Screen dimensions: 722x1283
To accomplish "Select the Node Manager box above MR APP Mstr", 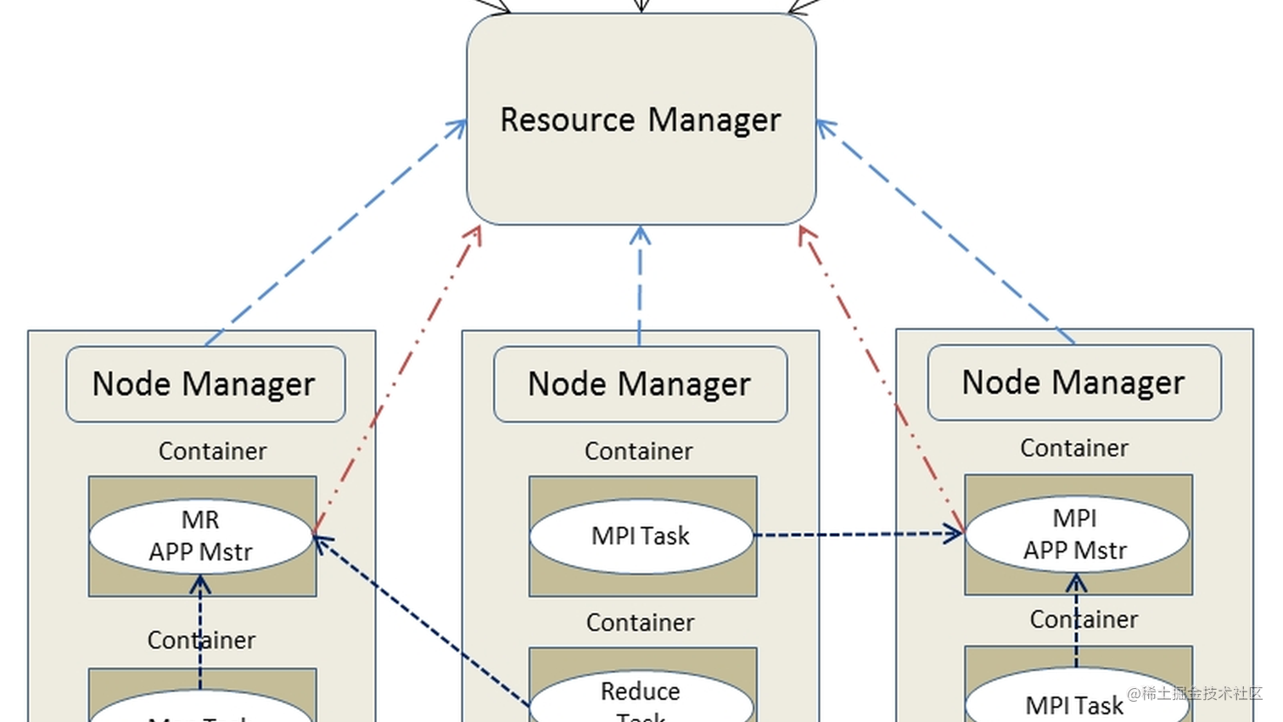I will pyautogui.click(x=205, y=384).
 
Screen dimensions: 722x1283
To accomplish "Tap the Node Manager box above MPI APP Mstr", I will pyautogui.click(x=1074, y=383).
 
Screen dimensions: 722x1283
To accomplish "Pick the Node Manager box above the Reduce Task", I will pyautogui.click(x=640, y=384).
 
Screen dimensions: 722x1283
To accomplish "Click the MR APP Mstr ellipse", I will pyautogui.click(x=201, y=535).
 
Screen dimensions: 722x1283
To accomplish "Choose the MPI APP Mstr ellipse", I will pyautogui.click(x=1076, y=534).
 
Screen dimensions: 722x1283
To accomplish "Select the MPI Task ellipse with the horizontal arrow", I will pyautogui.click(x=641, y=536).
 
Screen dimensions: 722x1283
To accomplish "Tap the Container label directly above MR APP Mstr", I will pyautogui.click(x=212, y=451).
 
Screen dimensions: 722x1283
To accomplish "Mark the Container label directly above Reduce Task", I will pyautogui.click(x=640, y=623).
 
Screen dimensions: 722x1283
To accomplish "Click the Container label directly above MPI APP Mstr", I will pyautogui.click(x=1074, y=448).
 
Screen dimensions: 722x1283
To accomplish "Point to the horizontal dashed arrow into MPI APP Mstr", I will pyautogui.click(x=857, y=535).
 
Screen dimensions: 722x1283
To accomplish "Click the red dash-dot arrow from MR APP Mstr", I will pyautogui.click(x=397, y=381).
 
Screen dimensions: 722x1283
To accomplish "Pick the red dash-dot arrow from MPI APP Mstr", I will pyautogui.click(x=882, y=381).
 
